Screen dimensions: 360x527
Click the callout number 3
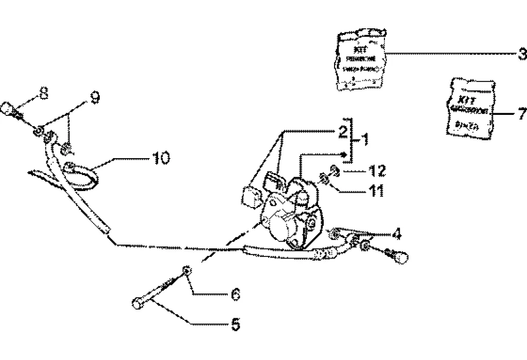[521, 54]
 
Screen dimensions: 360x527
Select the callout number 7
[522, 113]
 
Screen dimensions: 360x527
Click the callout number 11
[377, 191]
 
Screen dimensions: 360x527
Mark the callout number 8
[44, 93]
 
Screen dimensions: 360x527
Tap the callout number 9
[94, 97]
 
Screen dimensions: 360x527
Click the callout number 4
[396, 235]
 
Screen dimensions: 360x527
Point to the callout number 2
[341, 131]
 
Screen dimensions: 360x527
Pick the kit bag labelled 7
[468, 109]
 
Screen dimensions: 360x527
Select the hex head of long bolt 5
[137, 304]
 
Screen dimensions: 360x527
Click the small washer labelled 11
[325, 178]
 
